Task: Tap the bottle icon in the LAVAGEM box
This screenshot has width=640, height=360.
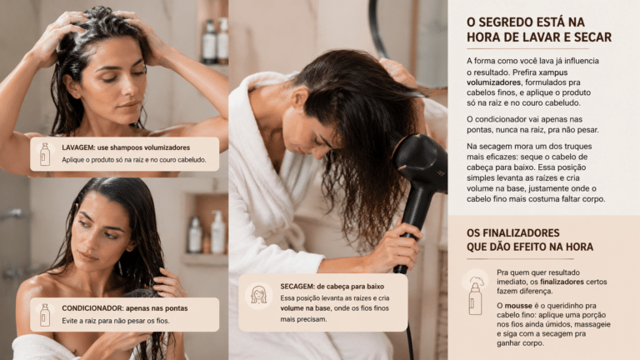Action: pos(45,154)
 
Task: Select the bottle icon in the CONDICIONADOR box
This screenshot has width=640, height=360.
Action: pos(45,315)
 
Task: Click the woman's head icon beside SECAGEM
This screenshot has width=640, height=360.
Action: pos(258,295)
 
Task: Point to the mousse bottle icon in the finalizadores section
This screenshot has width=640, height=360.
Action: pos(475,296)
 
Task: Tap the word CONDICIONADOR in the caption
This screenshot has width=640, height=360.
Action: pos(92,308)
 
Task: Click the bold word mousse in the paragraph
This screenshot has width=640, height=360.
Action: pos(518,306)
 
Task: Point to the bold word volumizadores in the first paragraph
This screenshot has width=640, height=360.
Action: pos(493,82)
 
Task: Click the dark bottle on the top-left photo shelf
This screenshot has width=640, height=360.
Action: pos(209,42)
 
